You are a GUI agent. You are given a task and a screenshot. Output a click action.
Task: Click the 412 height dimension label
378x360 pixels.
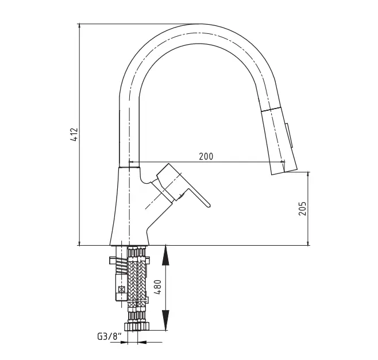pos(75,134)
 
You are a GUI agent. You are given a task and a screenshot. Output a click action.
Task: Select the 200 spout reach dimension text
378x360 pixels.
pos(206,156)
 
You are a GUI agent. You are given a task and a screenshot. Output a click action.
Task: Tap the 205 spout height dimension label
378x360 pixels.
pos(302,208)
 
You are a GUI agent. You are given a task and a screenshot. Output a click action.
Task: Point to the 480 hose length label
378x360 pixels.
pos(157,287)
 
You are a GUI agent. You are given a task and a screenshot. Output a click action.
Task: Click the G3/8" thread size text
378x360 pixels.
pos(109,336)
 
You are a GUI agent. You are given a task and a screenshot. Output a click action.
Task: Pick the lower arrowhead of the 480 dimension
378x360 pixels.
pos(165,320)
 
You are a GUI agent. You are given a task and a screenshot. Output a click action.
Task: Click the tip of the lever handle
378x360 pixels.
pos(209,206)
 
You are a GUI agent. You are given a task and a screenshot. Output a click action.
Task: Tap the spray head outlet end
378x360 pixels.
pos(284,172)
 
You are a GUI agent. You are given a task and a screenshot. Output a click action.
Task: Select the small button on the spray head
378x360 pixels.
pos(290,135)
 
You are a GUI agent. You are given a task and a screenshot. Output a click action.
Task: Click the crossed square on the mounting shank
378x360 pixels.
pos(122,289)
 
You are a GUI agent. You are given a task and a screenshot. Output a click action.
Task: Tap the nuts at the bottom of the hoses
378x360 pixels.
pos(137,327)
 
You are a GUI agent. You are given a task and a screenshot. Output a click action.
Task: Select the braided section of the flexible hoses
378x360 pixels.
pos(137,282)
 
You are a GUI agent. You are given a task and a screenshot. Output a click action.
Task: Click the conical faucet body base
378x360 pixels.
pos(129,207)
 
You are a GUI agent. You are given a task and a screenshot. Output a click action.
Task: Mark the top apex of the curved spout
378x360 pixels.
pos(200,24)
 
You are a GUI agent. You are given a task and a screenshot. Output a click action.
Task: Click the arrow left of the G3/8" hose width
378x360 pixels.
pos(124,342)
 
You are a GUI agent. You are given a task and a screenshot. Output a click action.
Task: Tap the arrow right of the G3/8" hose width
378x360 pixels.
pos(142,342)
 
